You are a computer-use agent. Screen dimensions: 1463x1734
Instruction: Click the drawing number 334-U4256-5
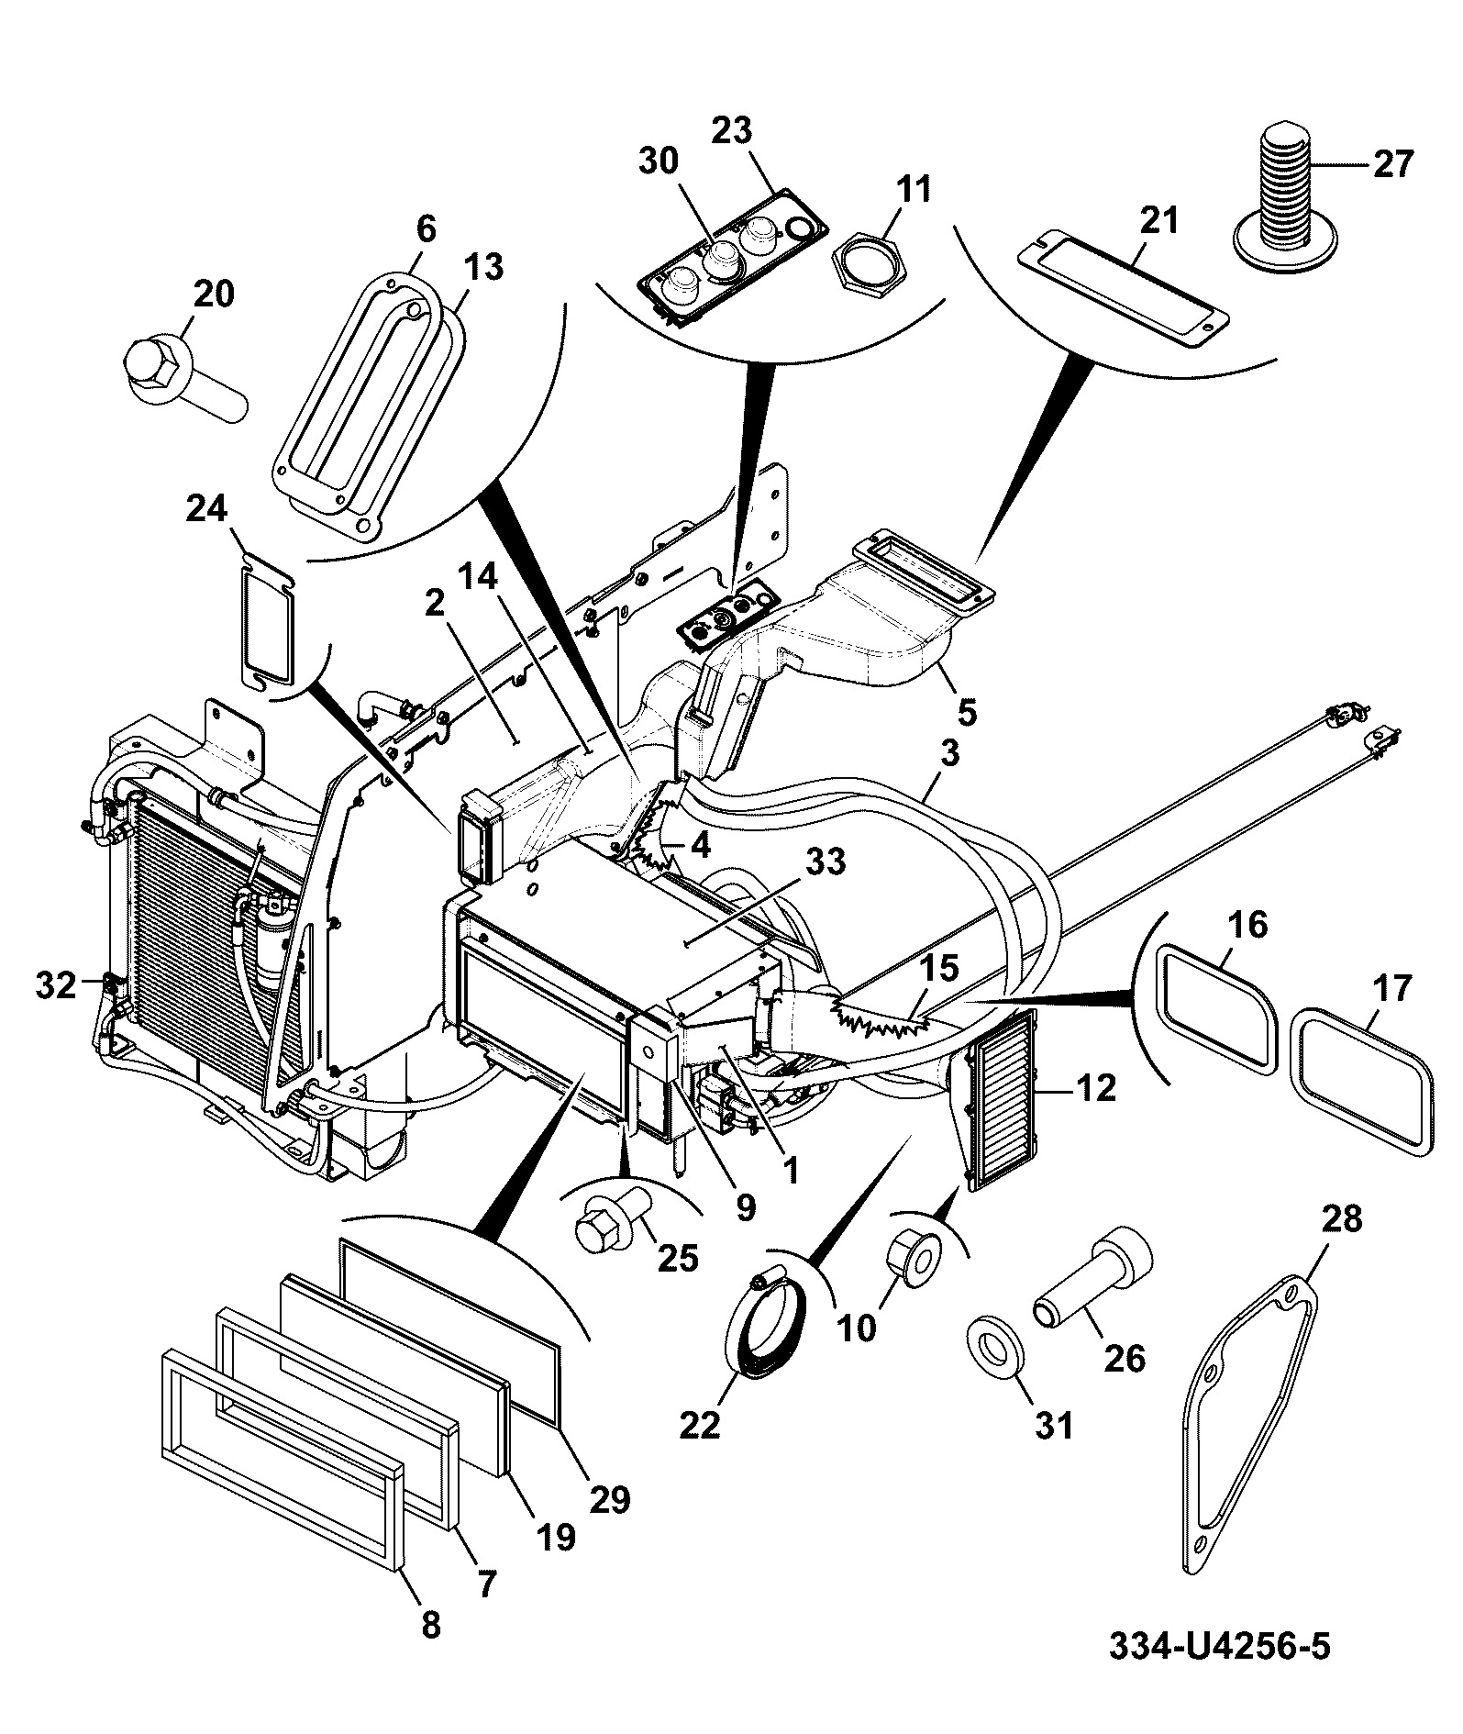point(1219,1645)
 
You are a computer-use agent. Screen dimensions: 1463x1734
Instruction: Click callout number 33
point(826,863)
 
